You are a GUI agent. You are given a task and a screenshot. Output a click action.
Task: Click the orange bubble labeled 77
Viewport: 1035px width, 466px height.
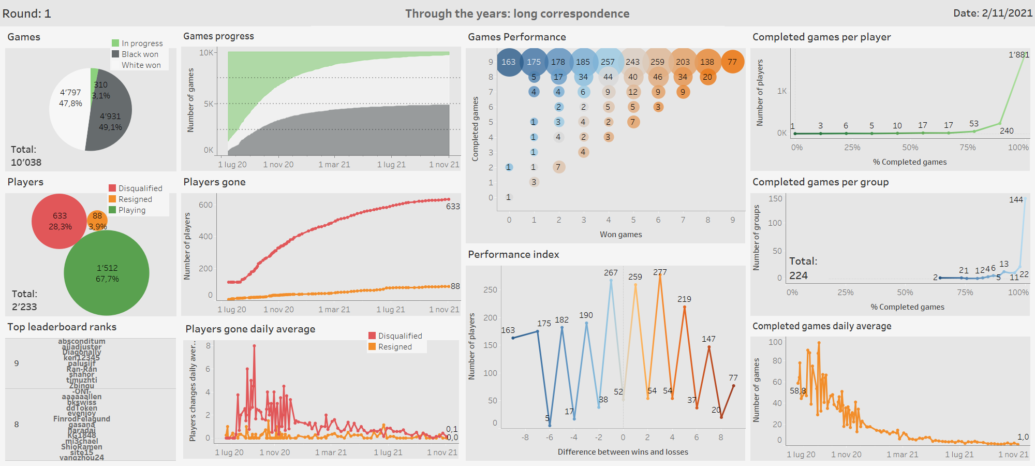732,62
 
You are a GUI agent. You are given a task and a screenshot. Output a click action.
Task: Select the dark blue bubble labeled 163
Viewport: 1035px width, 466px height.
509,62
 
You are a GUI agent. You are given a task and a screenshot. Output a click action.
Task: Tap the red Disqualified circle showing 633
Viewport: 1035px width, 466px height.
60,221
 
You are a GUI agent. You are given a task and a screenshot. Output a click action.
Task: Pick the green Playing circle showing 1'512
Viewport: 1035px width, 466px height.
107,273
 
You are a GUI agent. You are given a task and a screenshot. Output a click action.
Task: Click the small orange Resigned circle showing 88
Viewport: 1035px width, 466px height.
97,220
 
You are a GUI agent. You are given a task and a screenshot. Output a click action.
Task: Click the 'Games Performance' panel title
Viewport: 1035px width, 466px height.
516,37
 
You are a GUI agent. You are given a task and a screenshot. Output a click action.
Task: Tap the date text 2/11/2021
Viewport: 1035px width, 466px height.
1007,13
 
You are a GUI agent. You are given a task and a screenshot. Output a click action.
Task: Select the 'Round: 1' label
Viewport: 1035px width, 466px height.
26,13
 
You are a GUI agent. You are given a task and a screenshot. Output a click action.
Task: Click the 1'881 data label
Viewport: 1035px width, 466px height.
1018,54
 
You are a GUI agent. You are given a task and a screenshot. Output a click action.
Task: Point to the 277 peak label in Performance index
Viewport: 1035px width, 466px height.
660,272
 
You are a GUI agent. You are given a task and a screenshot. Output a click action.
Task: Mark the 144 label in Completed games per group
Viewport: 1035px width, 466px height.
1016,199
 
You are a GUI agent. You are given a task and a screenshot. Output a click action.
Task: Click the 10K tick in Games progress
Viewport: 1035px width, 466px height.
206,53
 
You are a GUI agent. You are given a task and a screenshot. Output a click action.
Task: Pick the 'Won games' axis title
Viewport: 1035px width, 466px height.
620,235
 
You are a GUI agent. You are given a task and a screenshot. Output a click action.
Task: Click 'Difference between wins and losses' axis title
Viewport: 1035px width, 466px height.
623,452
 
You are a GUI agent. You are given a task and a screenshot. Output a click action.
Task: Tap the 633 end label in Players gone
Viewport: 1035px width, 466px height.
453,206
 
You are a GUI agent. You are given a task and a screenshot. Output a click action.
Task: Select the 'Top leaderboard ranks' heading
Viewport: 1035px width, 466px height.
62,327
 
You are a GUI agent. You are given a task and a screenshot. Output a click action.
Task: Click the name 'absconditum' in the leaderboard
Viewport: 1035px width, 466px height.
82,341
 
